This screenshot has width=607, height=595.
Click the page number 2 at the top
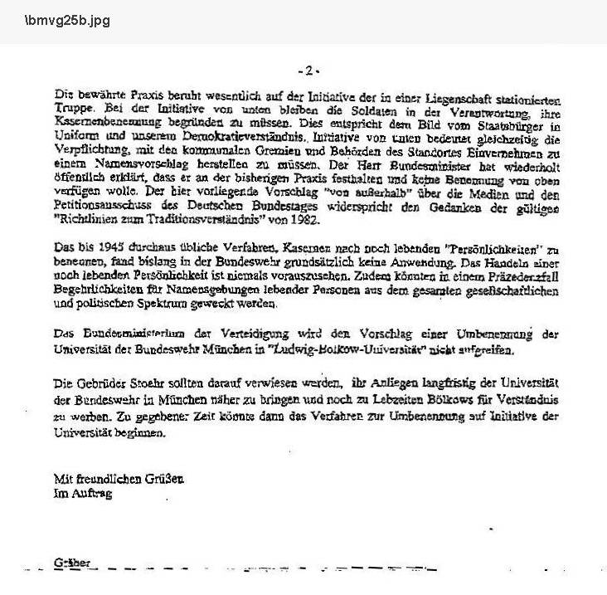[x=308, y=71]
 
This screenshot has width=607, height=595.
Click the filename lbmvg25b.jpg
[x=56, y=21]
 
